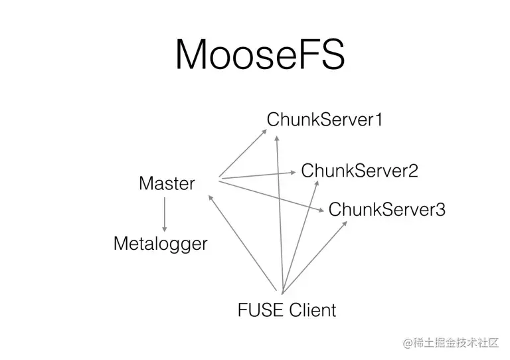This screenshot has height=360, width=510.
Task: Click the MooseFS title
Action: point(260,54)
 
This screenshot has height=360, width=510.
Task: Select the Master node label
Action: point(167,183)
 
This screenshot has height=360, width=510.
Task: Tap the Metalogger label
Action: point(160,244)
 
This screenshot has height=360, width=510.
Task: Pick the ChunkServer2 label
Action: point(359,171)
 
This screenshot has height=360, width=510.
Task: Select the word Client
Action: point(313,310)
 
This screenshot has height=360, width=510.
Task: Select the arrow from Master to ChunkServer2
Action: point(256,175)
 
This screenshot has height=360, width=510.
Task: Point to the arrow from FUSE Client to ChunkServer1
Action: point(280,213)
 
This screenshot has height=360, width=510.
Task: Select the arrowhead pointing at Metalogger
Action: point(164,228)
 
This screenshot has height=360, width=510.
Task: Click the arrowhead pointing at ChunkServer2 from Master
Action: point(293,172)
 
